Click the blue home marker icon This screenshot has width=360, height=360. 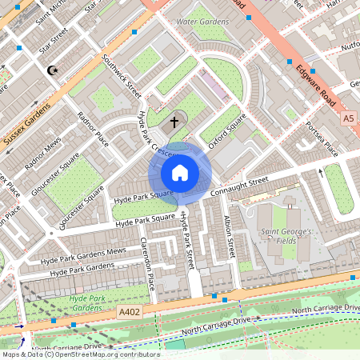[180, 173]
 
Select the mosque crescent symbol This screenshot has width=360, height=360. [54, 70]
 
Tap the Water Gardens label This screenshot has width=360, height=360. [202, 22]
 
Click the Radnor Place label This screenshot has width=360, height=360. [92, 128]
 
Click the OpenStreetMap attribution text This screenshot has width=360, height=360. [80, 354]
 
